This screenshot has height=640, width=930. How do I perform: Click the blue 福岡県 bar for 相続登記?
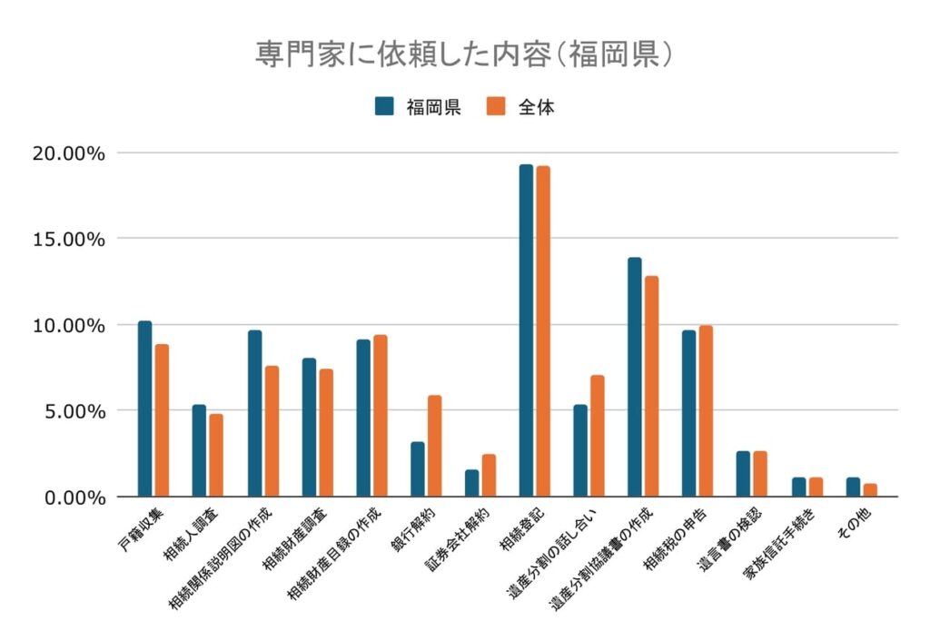click(x=526, y=330)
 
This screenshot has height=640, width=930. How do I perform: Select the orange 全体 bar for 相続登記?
click(x=543, y=331)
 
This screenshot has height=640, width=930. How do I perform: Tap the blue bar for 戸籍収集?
click(x=145, y=409)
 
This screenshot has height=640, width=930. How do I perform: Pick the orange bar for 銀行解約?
click(x=434, y=446)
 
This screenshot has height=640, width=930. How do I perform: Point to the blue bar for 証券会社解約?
click(x=472, y=483)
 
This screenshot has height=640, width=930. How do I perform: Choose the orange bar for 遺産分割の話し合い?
click(x=597, y=436)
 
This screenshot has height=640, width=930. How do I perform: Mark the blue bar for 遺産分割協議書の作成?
click(x=634, y=377)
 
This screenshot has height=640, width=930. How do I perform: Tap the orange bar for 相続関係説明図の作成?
click(x=272, y=431)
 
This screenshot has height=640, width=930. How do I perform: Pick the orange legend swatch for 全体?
click(x=496, y=106)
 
